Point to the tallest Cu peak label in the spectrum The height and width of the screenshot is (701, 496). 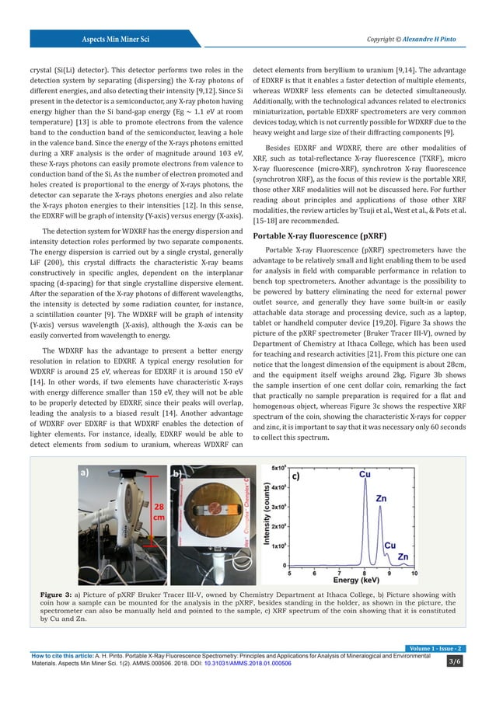[x=364, y=473]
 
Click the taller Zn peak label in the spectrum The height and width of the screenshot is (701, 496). [x=382, y=498]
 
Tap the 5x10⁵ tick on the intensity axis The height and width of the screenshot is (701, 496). [x=278, y=469]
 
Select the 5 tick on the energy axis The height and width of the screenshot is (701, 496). [x=290, y=572]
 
